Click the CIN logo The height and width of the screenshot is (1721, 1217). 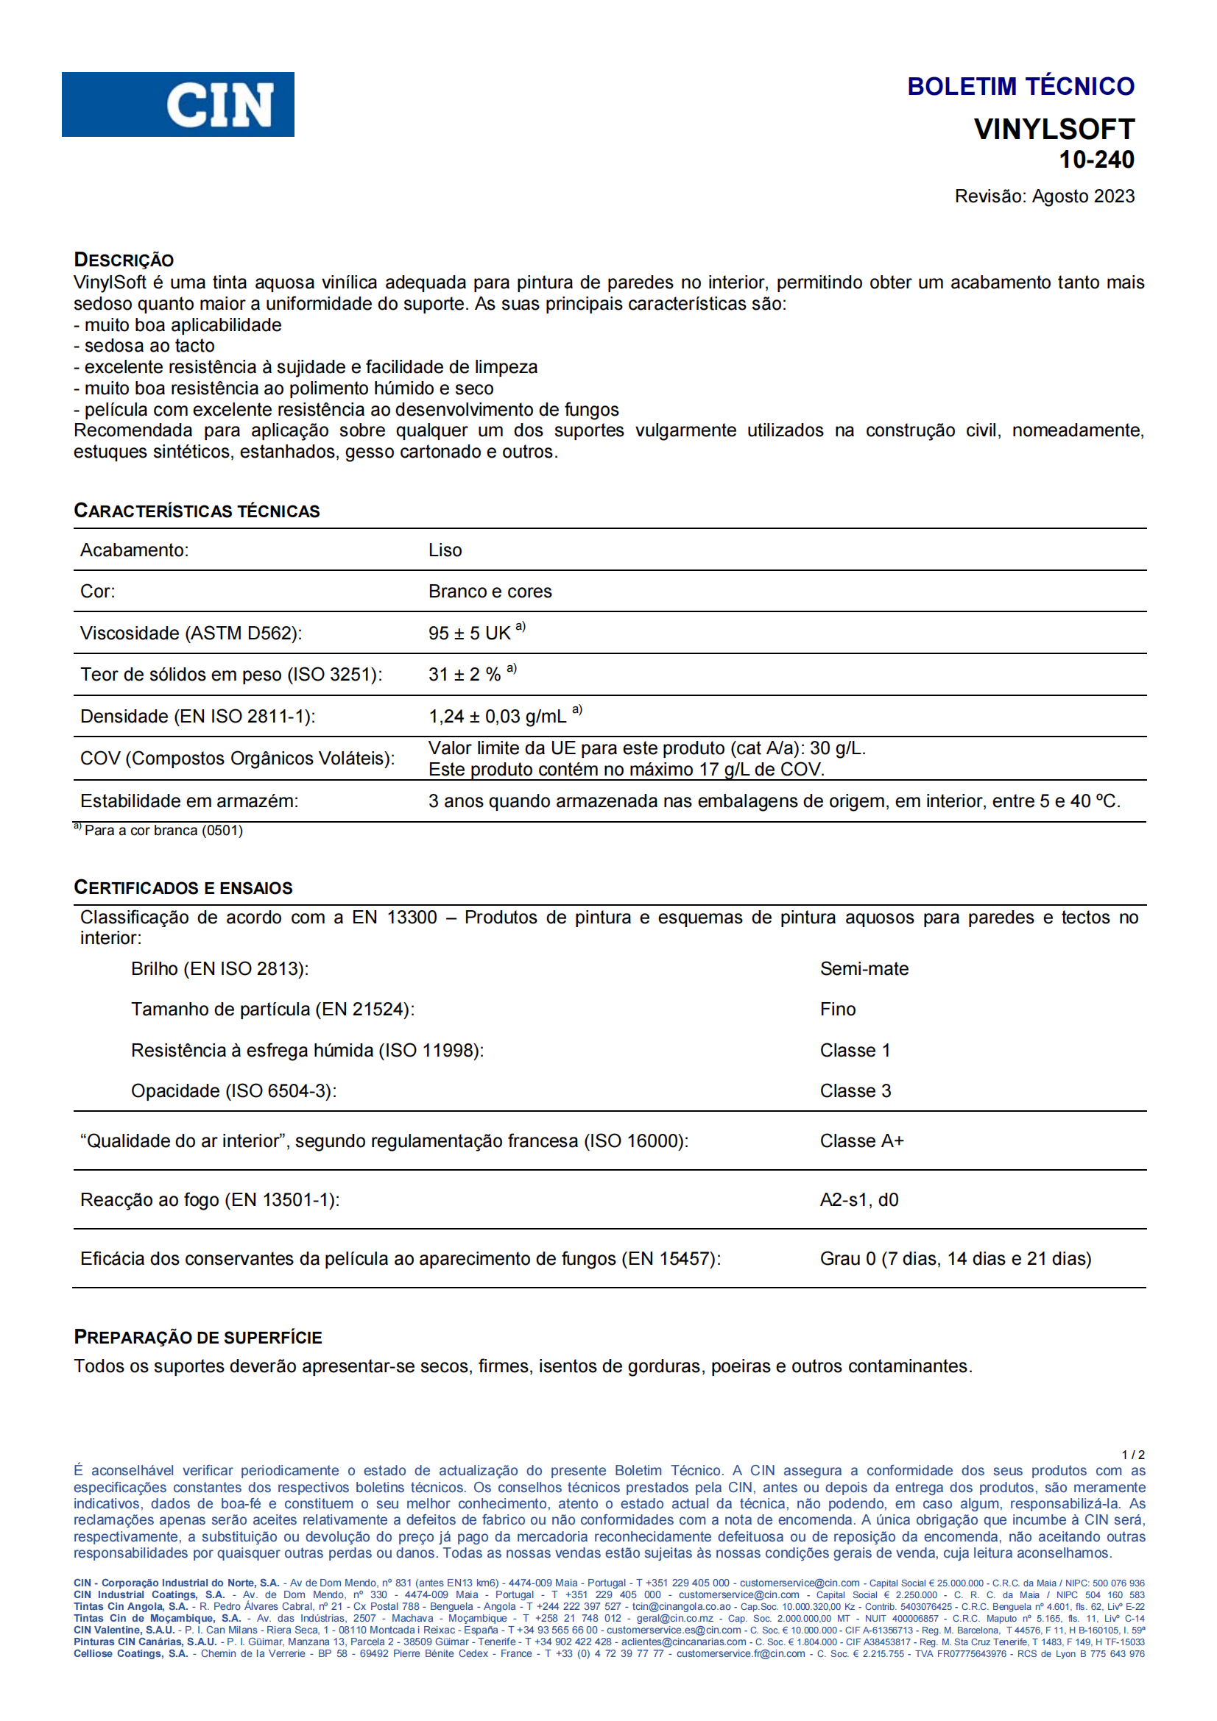[177, 104]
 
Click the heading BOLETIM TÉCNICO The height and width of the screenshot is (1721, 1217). [1020, 86]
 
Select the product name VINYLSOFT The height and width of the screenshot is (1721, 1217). [1054, 129]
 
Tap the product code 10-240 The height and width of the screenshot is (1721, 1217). [1096, 160]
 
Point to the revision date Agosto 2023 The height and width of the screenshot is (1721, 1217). [1082, 196]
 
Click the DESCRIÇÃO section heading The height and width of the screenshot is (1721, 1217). [124, 259]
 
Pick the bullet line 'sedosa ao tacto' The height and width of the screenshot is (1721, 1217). [149, 346]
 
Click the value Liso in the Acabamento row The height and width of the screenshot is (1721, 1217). [445, 550]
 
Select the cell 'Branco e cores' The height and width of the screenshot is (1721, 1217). [490, 592]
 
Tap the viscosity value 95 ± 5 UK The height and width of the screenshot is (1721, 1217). [470, 634]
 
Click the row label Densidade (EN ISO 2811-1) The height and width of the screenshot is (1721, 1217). [197, 717]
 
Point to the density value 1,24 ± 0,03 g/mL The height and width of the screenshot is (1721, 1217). [497, 717]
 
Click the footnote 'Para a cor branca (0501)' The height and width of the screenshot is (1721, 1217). [163, 831]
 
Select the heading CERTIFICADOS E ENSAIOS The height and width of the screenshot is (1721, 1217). [183, 887]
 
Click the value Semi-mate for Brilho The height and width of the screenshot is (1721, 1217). [864, 969]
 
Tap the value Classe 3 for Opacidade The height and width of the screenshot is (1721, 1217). [855, 1091]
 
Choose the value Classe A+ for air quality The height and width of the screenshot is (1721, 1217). [861, 1142]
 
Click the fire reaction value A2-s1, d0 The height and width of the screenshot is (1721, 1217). [858, 1200]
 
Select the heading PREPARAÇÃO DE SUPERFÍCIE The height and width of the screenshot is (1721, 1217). [198, 1337]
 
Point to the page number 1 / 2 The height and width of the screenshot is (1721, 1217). [1132, 1455]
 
